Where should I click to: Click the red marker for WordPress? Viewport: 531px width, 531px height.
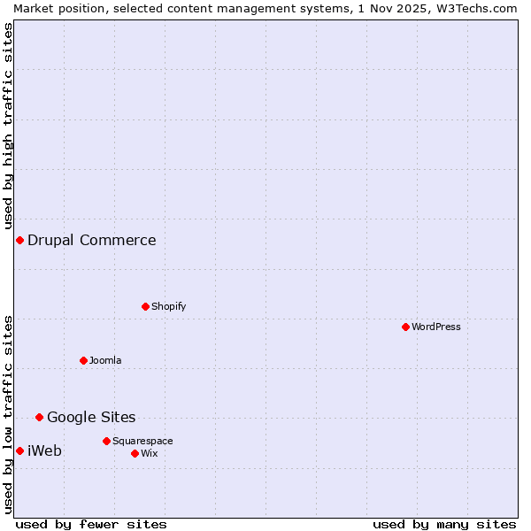(405, 327)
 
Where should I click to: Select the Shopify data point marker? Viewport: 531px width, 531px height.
(145, 306)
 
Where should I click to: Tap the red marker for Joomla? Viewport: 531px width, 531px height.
(83, 360)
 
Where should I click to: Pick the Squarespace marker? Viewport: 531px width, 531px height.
(106, 441)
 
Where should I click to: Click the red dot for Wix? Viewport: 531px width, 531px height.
(135, 453)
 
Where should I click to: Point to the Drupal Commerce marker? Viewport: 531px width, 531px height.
(19, 240)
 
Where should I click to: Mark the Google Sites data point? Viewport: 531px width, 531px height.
(39, 417)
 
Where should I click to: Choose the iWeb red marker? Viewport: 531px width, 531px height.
(19, 450)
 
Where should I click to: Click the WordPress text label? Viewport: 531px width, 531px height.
(436, 327)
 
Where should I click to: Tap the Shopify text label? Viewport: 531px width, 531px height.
(169, 306)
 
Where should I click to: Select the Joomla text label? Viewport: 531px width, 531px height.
(105, 360)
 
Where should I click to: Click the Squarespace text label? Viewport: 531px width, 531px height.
(142, 441)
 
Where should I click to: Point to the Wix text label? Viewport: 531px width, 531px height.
(150, 453)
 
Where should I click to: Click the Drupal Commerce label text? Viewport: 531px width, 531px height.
(92, 240)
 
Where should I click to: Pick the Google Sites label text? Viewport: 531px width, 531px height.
(91, 417)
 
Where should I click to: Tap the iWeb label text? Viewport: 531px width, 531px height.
(45, 450)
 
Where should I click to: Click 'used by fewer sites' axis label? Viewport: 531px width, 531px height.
(91, 524)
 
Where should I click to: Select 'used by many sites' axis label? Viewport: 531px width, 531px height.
(444, 524)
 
